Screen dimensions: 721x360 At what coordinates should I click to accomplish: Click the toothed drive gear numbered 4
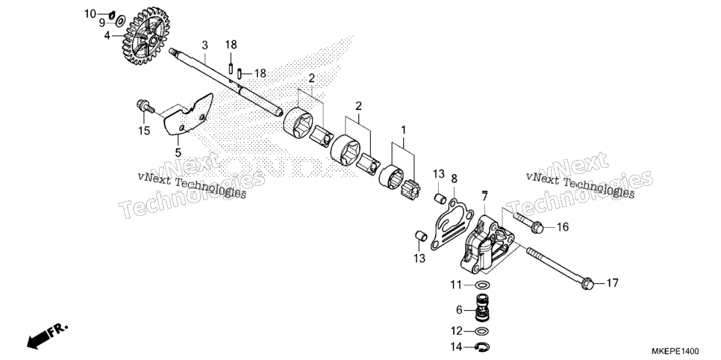click(146, 36)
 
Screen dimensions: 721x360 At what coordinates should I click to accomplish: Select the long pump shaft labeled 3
click(225, 82)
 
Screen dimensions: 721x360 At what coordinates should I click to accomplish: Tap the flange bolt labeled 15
click(146, 107)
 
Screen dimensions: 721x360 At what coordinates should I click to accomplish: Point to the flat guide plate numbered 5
click(190, 114)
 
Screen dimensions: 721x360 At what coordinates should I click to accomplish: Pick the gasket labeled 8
click(452, 224)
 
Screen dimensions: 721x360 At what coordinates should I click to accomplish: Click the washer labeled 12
click(481, 331)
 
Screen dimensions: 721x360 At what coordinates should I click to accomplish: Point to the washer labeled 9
click(121, 21)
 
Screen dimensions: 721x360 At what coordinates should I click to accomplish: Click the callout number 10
click(90, 13)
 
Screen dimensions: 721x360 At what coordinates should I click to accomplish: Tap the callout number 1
click(404, 130)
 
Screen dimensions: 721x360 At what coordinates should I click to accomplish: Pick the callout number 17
click(612, 282)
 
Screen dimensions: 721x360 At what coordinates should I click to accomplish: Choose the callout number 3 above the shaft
click(205, 45)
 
